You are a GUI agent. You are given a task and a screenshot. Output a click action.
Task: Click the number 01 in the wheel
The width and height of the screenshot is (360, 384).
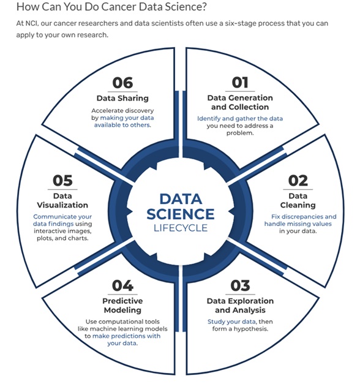(x=240, y=83)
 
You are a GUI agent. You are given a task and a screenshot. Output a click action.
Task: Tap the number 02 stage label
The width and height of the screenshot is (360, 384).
(x=298, y=181)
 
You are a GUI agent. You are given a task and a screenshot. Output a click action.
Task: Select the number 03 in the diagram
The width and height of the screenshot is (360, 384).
(x=240, y=285)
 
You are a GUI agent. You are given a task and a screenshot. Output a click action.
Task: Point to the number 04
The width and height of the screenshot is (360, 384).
(x=122, y=285)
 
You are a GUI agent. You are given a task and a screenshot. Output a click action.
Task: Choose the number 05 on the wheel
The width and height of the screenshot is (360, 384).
(x=62, y=181)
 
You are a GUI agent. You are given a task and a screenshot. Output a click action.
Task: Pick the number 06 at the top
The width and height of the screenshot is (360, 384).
(x=122, y=83)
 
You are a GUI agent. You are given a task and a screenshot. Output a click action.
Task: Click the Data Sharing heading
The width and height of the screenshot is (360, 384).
(x=122, y=98)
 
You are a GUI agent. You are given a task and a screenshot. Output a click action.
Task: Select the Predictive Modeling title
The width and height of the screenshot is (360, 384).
(x=122, y=306)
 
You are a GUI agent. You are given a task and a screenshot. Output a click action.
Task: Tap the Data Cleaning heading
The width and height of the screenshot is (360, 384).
(x=298, y=200)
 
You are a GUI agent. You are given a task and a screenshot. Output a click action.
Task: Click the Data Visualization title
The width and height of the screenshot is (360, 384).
(x=62, y=200)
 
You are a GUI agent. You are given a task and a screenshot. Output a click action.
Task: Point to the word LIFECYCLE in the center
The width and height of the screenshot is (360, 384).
(x=181, y=228)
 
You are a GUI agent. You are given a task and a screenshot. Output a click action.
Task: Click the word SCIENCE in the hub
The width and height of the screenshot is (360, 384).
(x=181, y=214)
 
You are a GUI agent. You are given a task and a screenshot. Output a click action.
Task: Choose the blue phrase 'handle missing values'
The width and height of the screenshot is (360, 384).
(x=298, y=224)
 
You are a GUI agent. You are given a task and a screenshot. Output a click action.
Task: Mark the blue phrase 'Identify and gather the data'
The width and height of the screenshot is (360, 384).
(x=240, y=119)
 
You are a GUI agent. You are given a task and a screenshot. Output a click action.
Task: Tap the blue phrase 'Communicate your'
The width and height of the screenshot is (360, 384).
(x=62, y=217)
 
